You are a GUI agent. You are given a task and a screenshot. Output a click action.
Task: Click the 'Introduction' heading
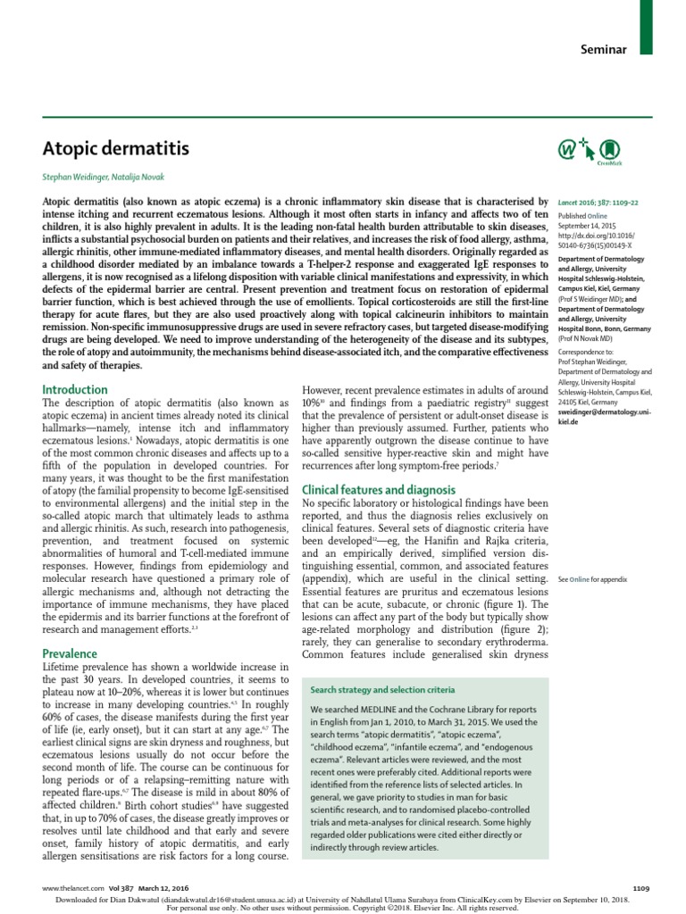(75, 390)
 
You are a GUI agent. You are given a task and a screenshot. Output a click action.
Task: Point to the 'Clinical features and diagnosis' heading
(379, 490)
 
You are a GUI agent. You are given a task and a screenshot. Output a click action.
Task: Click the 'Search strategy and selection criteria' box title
(382, 690)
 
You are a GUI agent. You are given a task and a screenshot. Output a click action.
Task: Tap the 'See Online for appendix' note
(592, 579)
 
